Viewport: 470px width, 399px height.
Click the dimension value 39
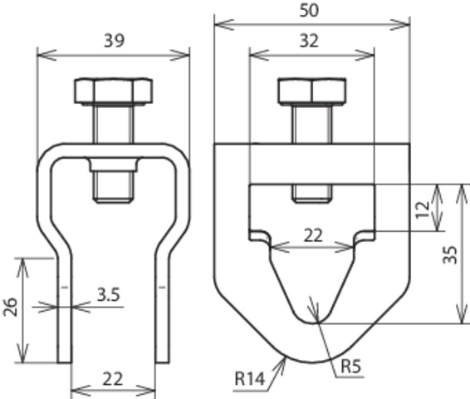[x=114, y=41]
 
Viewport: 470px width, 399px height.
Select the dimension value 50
[x=309, y=11]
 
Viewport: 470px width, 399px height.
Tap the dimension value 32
[x=309, y=41]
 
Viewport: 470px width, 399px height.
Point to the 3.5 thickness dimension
[x=108, y=294]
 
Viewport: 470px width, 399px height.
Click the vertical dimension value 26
[x=10, y=307]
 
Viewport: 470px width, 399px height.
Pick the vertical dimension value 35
[x=450, y=254]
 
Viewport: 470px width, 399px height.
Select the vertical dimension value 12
[x=423, y=209]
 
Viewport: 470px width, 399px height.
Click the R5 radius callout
[x=351, y=367]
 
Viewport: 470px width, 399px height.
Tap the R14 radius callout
[x=250, y=378]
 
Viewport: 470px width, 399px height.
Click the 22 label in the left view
[x=113, y=379]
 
